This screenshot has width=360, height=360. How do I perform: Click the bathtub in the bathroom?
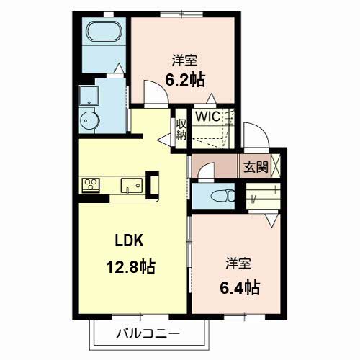(104, 32)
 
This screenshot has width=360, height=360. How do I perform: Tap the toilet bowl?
(223, 196)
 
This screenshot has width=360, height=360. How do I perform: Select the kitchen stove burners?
(91, 185)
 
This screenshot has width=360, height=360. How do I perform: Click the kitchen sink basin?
(132, 185)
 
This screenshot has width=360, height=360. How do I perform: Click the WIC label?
(208, 117)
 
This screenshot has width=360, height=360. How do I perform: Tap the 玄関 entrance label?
(256, 167)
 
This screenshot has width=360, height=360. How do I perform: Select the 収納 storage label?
(181, 130)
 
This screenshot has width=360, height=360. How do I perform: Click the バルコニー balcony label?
(148, 333)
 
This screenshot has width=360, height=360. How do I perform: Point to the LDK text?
(130, 240)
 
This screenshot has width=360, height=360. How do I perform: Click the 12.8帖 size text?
(130, 266)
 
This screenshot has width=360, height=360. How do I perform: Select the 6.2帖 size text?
(185, 80)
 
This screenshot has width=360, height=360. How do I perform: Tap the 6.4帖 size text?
(240, 287)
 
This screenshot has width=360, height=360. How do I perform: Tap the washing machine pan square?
(89, 96)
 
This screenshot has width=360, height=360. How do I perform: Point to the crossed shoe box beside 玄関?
(276, 166)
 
